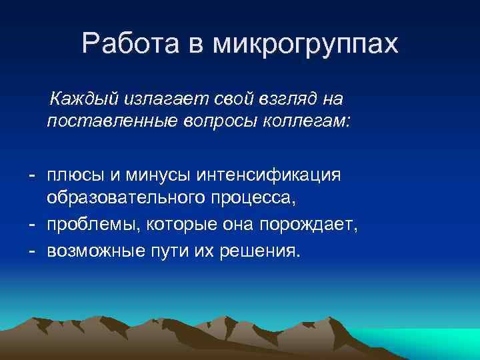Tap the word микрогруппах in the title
[305, 45]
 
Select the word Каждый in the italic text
[82, 100]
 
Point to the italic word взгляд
[281, 100]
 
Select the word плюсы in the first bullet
[74, 175]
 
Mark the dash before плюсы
[31, 175]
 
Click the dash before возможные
[31, 251]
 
